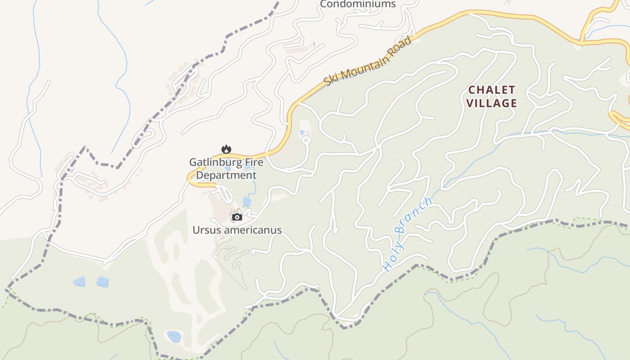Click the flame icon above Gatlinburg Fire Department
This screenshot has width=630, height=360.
(x=226, y=149)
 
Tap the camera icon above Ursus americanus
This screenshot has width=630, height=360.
(x=237, y=217)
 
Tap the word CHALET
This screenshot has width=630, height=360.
(x=491, y=90)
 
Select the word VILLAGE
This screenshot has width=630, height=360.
(x=491, y=103)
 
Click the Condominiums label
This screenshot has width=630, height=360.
(x=358, y=4)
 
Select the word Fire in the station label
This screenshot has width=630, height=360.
(x=253, y=162)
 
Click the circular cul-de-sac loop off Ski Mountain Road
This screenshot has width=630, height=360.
(x=306, y=140)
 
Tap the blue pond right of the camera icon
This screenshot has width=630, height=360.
(x=247, y=202)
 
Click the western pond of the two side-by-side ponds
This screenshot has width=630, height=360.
(x=79, y=282)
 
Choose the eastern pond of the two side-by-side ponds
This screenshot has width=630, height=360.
(x=103, y=282)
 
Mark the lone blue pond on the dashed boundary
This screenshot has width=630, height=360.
(x=174, y=336)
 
